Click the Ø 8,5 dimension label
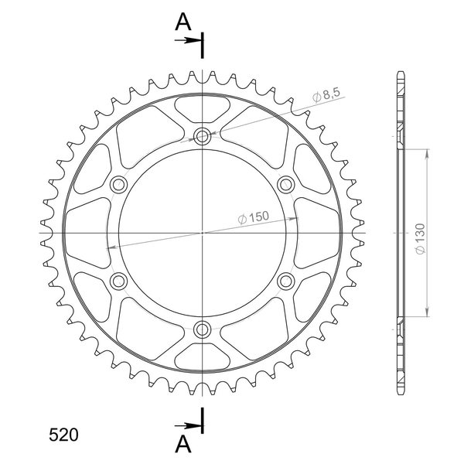326,94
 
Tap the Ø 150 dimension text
254,217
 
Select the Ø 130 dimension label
420,239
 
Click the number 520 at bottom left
63,435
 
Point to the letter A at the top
183,22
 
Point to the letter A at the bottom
183,445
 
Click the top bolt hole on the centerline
202,136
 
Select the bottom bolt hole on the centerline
202,329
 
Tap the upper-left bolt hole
118,185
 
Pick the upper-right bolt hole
286,185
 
